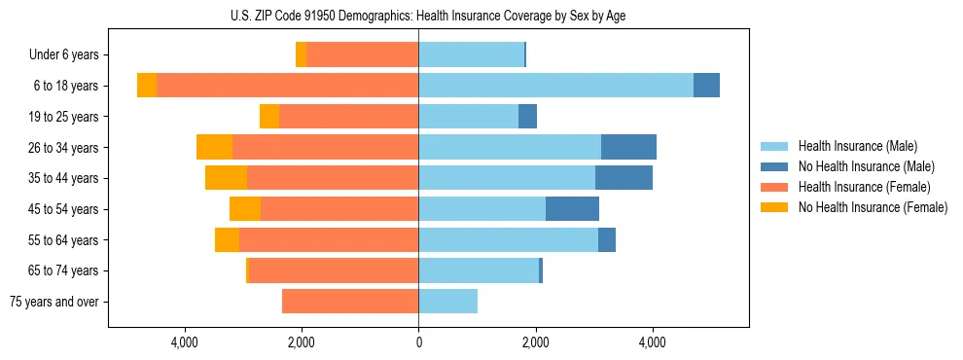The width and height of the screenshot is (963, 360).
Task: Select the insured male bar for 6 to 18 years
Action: tap(555, 86)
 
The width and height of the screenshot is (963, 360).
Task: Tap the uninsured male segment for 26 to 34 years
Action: tap(628, 147)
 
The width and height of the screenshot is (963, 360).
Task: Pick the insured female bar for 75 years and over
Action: tap(350, 302)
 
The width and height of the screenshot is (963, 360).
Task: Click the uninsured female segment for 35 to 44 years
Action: tap(226, 178)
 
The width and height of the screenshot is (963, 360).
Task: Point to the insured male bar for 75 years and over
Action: tap(447, 302)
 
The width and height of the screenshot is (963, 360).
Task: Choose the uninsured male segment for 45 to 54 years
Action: tap(572, 209)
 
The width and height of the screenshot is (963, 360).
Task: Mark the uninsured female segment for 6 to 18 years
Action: tap(147, 86)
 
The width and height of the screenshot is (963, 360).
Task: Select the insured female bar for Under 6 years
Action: tap(362, 54)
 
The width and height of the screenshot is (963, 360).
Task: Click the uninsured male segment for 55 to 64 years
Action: tap(607, 239)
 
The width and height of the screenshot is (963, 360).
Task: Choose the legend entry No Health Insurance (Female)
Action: tap(873, 207)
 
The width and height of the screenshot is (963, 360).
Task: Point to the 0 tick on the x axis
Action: tap(418, 342)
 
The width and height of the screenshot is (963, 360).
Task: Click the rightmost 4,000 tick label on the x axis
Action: tap(652, 342)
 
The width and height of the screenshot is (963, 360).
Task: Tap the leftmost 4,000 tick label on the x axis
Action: tap(185, 342)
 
